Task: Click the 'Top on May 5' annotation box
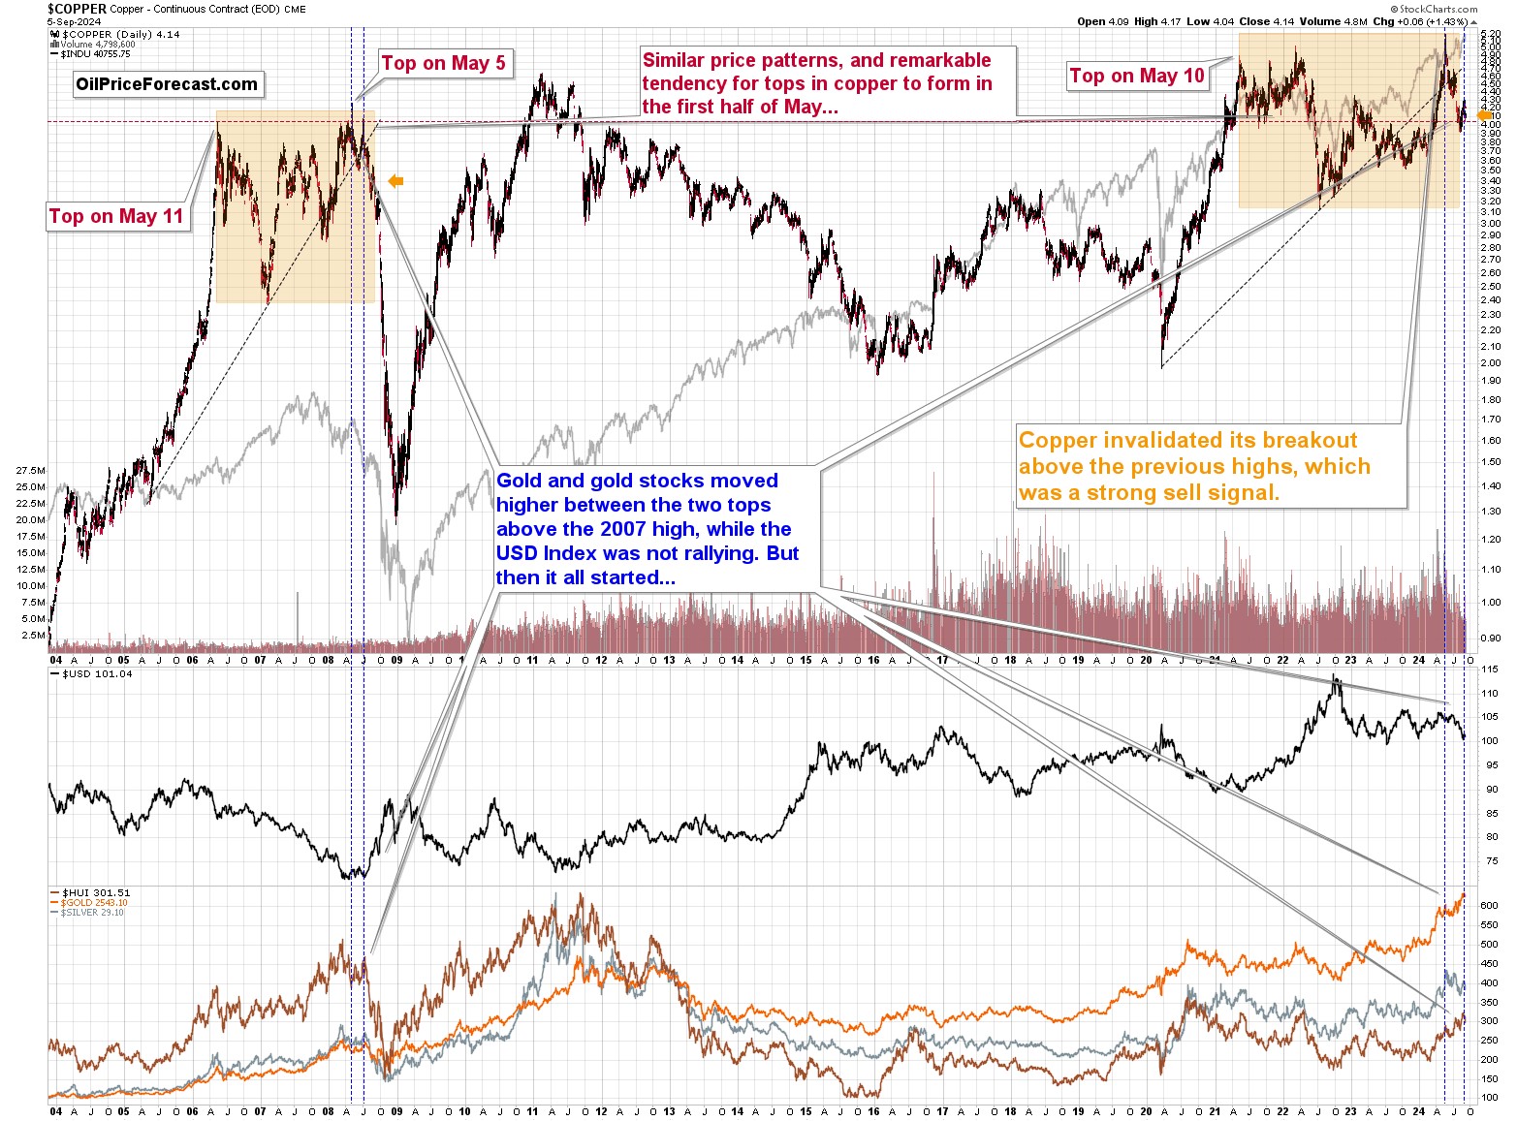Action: click(x=443, y=64)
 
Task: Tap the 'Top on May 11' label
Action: click(x=116, y=216)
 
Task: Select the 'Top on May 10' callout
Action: click(x=1137, y=76)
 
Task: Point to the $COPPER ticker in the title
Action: click(x=77, y=9)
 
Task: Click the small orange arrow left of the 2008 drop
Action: click(x=395, y=180)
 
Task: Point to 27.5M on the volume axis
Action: click(x=30, y=470)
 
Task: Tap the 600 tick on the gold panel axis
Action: click(x=1490, y=906)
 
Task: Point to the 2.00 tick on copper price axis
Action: click(x=1490, y=363)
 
